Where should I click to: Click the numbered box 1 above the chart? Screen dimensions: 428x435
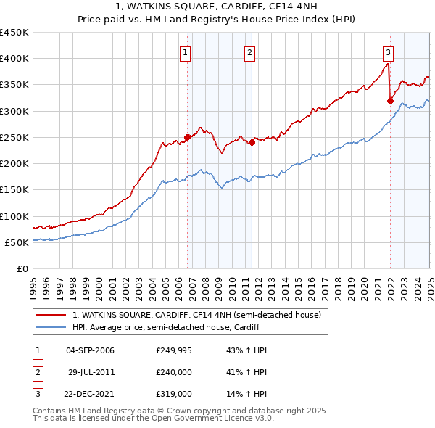pyautogui.click(x=186, y=52)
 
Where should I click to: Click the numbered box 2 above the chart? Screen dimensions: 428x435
pyautogui.click(x=249, y=52)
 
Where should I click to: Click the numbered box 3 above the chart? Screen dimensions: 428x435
pyautogui.click(x=389, y=52)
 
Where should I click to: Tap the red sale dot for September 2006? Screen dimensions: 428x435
pyautogui.click(x=188, y=136)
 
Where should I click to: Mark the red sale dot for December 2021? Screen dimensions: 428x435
pyautogui.click(x=390, y=101)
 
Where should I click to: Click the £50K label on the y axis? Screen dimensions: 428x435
pyautogui.click(x=17, y=242)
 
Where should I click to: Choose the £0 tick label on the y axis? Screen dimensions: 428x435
pyautogui.click(x=22, y=269)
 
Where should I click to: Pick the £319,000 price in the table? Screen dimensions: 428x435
pyautogui.click(x=174, y=395)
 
